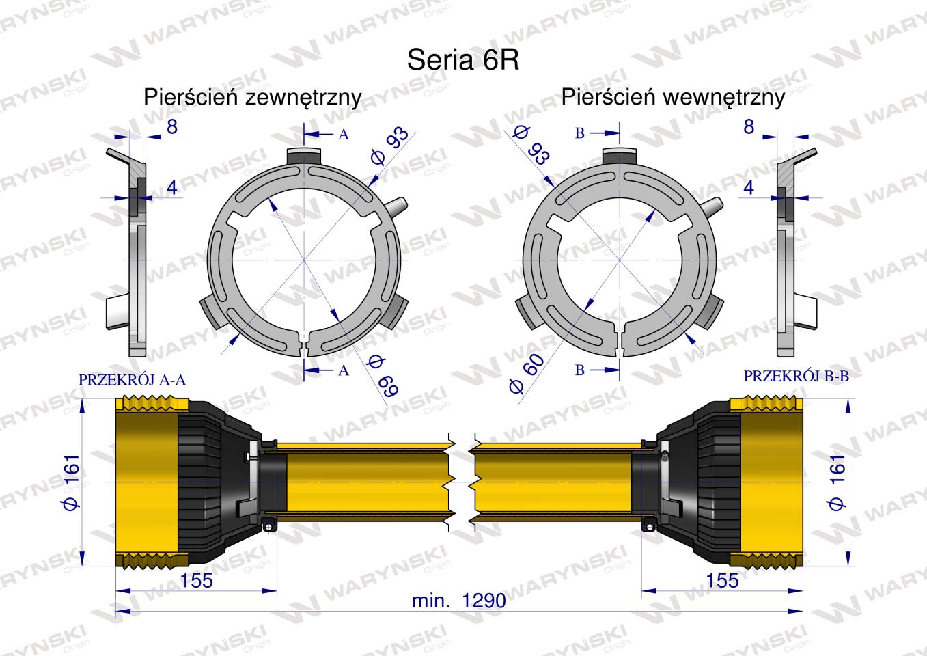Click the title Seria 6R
coord(462,60)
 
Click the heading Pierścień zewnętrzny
coord(253,98)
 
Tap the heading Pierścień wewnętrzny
coord(673,98)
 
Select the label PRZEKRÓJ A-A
coord(132,379)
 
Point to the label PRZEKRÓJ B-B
coord(797,376)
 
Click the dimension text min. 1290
coord(459,601)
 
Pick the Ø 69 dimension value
coord(383,375)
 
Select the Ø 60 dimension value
coord(527,373)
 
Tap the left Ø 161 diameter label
coord(72,482)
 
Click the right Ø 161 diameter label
coord(836,482)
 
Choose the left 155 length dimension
coord(197,581)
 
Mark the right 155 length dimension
coord(722,581)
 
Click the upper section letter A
coord(344,135)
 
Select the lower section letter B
coord(580,370)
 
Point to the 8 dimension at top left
coord(172,126)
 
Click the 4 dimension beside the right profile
coord(749,188)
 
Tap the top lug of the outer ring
coord(304,157)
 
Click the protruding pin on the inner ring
coord(712,206)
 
